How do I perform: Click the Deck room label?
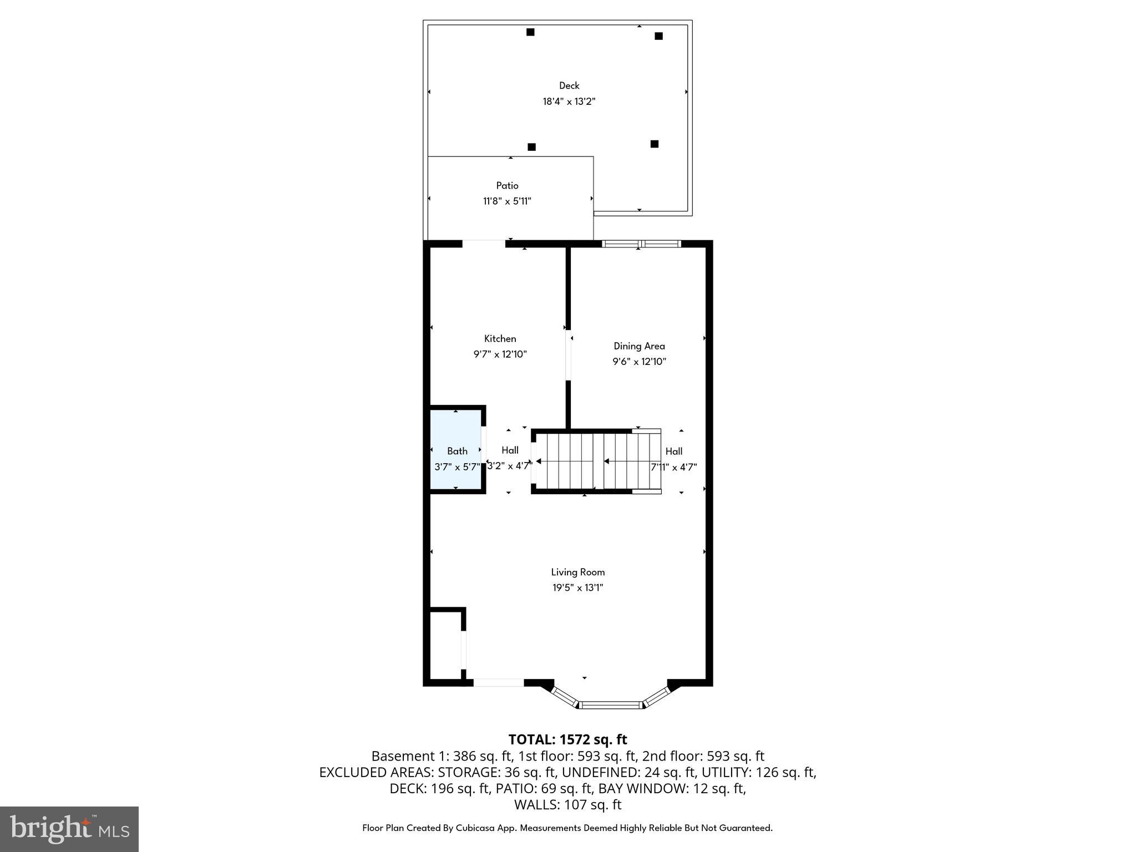(x=569, y=85)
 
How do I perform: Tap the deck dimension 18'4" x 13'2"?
(x=569, y=102)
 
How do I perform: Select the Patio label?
(x=507, y=186)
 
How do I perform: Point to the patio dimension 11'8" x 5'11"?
(x=507, y=201)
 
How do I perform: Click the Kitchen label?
(x=500, y=338)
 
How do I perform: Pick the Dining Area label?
(x=639, y=346)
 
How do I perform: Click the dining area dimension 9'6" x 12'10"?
(x=639, y=362)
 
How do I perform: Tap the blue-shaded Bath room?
(x=456, y=450)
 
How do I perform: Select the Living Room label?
(x=577, y=572)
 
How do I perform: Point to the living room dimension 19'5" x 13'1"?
(x=577, y=588)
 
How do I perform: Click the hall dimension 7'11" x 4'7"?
(x=673, y=467)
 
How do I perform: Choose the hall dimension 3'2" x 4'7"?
(x=509, y=466)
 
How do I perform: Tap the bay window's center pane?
(x=610, y=705)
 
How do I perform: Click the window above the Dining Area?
(x=641, y=244)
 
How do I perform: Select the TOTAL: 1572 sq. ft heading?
(x=567, y=739)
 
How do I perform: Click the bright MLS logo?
(x=69, y=829)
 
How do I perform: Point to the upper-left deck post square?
(x=530, y=32)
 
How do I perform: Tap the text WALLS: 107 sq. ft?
(x=567, y=804)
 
